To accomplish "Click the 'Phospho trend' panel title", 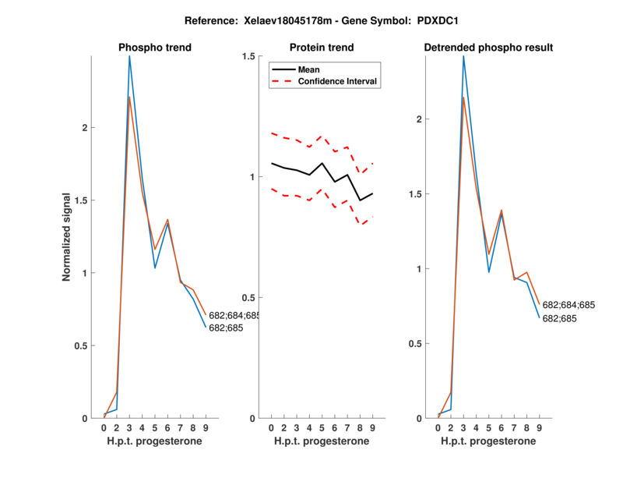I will point(155,48).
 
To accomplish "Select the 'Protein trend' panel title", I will point(322,48).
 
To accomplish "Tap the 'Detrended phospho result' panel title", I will point(488,48).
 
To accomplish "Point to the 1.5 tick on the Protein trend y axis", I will point(249,56).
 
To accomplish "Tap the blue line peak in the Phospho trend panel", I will point(129,56).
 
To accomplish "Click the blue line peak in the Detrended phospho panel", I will point(463,56).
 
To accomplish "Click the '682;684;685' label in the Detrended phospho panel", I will point(568,305).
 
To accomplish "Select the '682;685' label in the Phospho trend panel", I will point(226,328).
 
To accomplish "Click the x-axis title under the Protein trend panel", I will point(322,441).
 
